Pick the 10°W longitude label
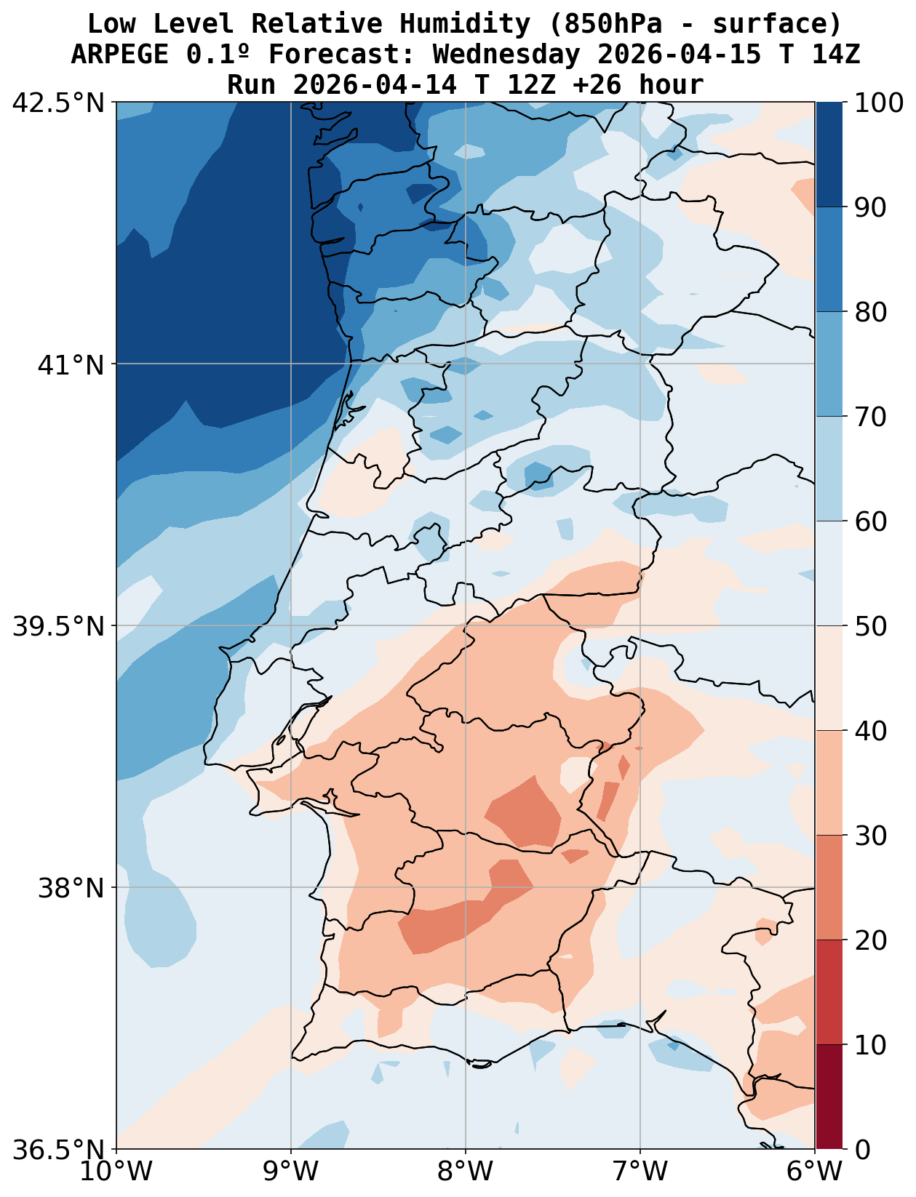click(x=116, y=1172)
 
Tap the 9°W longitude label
click(x=291, y=1172)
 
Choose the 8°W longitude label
click(x=466, y=1172)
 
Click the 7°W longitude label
click(x=640, y=1172)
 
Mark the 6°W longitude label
click(x=815, y=1172)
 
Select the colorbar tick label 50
click(x=871, y=626)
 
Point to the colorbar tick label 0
click(x=862, y=1150)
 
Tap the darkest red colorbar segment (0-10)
click(x=829, y=1097)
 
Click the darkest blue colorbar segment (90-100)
click(x=829, y=154)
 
